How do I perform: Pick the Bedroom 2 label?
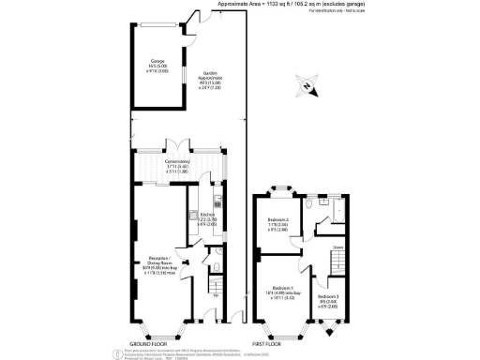(x=279, y=226)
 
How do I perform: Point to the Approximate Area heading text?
(x=281, y=4)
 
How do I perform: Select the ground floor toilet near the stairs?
(x=216, y=269)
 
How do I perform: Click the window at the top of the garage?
(x=154, y=19)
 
